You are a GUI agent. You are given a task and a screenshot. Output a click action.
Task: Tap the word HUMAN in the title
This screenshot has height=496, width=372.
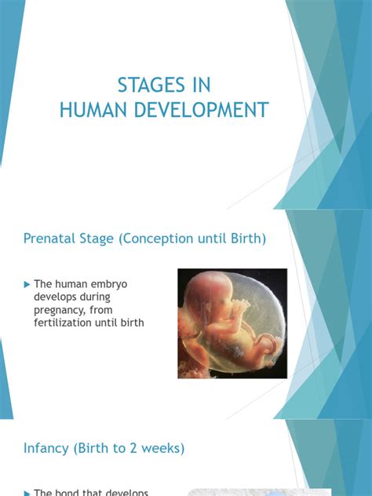point(93,110)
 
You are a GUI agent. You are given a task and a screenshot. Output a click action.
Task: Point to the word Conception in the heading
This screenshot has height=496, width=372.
point(155,238)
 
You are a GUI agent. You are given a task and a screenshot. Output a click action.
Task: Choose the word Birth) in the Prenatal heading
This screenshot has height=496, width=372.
point(247,238)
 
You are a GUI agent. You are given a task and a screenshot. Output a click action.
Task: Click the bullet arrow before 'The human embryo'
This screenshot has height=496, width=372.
point(27,283)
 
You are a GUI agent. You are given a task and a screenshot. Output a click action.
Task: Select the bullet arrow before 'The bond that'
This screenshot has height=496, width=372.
point(27,492)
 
